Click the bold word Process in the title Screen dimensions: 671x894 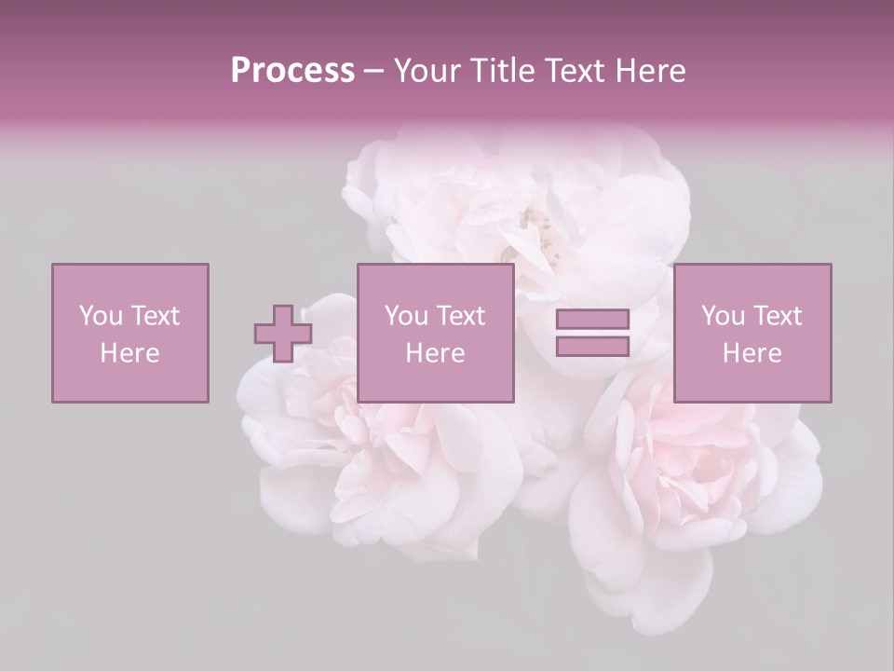pos(292,71)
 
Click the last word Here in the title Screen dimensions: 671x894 pos(651,71)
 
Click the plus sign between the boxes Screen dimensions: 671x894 pos(283,334)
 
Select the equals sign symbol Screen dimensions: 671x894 pos(592,333)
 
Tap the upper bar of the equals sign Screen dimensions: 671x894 pos(592,320)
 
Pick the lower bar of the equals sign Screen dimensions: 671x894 pos(592,346)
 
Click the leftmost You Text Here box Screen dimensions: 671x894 pos(129,333)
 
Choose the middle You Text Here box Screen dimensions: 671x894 pos(435,333)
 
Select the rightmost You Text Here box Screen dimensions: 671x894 pos(752,333)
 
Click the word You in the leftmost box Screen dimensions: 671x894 pos(100,316)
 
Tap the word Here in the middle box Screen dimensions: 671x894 pos(435,353)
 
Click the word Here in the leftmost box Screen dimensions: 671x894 pos(129,353)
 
